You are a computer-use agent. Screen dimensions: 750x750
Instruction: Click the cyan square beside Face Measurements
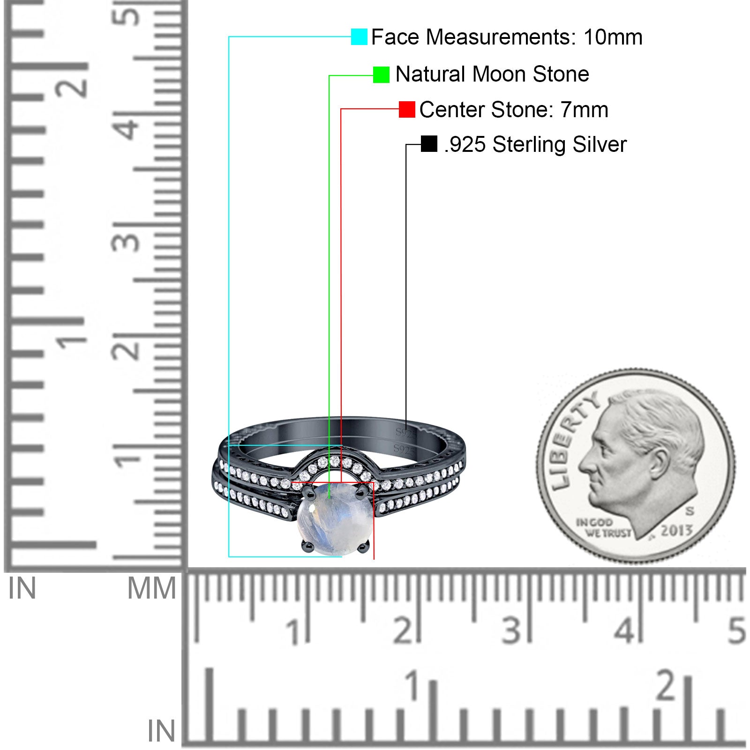[359, 37]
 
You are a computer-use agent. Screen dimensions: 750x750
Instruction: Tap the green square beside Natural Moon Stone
[381, 75]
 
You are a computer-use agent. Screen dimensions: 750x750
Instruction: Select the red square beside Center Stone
[407, 109]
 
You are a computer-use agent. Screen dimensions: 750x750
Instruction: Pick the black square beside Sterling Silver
[429, 144]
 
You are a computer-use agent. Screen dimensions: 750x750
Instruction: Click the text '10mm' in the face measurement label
[613, 37]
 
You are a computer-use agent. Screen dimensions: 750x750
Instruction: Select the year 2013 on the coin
[676, 530]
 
